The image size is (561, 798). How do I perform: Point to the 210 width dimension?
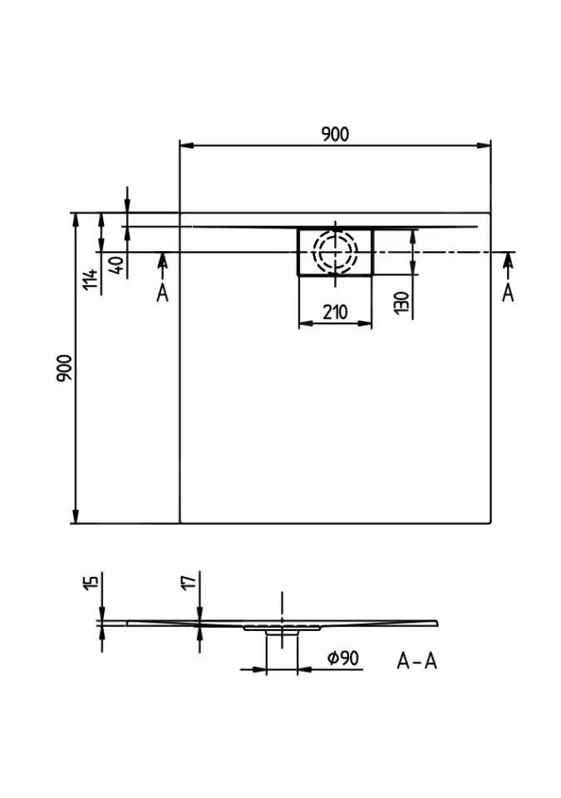(x=334, y=313)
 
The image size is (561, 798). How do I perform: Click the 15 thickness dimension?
(x=91, y=581)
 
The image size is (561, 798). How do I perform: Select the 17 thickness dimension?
(x=189, y=581)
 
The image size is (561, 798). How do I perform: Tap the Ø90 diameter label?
(x=342, y=658)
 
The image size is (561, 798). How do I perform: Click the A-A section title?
(x=416, y=661)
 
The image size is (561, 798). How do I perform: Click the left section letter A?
(x=162, y=292)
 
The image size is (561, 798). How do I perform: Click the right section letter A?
(x=508, y=292)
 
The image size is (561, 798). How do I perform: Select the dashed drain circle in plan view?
(x=335, y=250)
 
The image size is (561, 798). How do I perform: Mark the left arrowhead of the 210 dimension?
(x=303, y=325)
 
